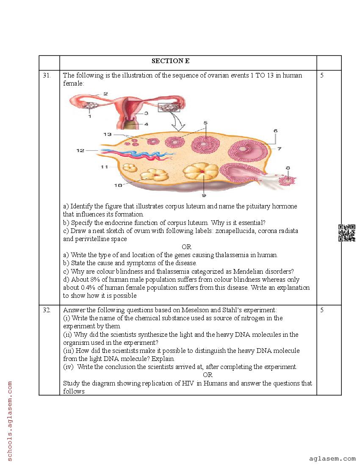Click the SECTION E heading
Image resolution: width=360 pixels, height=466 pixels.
click(x=170, y=61)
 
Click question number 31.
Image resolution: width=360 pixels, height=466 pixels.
click(x=47, y=75)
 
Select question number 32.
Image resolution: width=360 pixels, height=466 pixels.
click(x=47, y=310)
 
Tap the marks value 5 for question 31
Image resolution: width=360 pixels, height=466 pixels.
click(x=322, y=75)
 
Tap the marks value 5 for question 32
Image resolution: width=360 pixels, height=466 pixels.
click(x=322, y=310)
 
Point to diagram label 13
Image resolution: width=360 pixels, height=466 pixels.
click(x=107, y=134)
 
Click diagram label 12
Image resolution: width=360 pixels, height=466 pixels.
click(x=80, y=150)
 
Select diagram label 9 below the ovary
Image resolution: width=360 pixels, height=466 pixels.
click(x=204, y=195)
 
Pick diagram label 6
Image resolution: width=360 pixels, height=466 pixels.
click(x=275, y=131)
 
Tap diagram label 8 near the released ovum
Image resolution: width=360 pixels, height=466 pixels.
click(x=288, y=168)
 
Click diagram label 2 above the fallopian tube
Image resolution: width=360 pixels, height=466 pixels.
click(x=105, y=94)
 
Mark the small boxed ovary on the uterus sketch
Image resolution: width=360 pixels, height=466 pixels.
click(x=169, y=107)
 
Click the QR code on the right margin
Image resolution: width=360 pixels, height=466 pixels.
click(x=346, y=233)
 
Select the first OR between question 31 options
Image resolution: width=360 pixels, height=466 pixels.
click(x=186, y=247)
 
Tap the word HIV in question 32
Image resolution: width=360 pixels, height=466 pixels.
click(x=188, y=383)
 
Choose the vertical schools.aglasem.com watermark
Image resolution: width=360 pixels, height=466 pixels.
click(x=9, y=421)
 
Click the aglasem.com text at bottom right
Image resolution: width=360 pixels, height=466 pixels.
click(x=332, y=458)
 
